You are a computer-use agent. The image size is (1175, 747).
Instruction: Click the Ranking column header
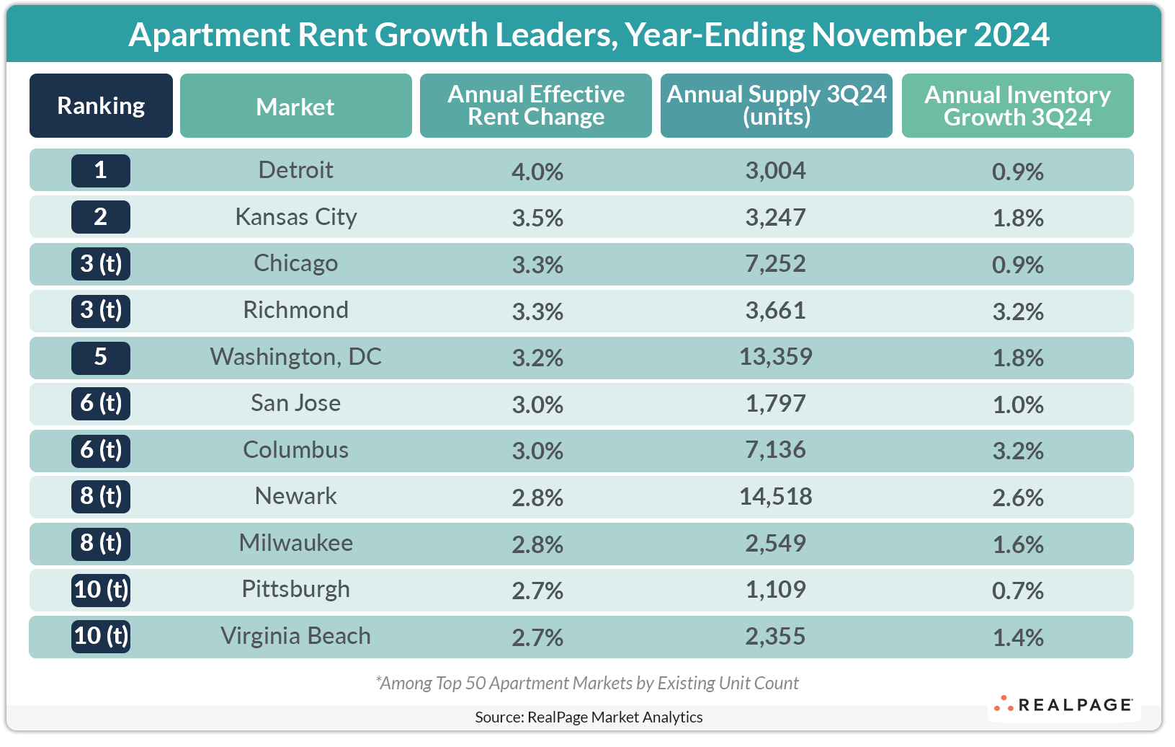click(101, 106)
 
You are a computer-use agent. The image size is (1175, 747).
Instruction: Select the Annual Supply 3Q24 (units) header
click(776, 105)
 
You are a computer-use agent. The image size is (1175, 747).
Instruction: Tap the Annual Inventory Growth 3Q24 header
click(1017, 105)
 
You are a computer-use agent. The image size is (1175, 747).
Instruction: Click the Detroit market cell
click(295, 170)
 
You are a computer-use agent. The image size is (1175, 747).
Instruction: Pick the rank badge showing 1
click(101, 171)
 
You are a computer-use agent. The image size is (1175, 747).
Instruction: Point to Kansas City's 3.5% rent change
click(537, 218)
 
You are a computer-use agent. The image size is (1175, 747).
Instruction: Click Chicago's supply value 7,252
click(775, 264)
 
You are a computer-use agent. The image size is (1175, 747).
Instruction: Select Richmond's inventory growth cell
click(1017, 311)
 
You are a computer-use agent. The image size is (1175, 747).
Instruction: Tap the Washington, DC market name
click(295, 357)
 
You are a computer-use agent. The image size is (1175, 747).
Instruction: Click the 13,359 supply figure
click(775, 357)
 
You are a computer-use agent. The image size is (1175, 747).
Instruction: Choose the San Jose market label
click(295, 403)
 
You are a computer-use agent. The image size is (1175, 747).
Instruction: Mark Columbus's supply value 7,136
click(775, 450)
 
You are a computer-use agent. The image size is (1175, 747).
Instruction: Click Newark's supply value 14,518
click(775, 497)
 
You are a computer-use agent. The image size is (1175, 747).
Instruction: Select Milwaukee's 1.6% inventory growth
click(1017, 544)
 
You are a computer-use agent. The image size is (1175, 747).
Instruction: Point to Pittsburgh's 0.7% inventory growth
click(1017, 591)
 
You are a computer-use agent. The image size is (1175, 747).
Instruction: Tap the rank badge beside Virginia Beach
click(101, 636)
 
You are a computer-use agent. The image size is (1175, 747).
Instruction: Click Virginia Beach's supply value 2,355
click(775, 637)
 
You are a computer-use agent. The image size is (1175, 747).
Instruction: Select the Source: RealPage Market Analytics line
click(589, 717)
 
